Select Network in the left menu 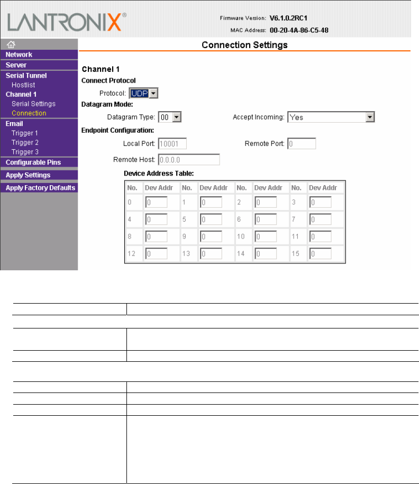tap(19, 54)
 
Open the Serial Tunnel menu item tap(26, 76)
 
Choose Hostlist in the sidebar tap(23, 85)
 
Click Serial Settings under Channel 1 tap(33, 104)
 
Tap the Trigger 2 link tap(25, 142)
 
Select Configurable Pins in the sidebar tap(33, 162)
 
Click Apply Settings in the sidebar tap(28, 175)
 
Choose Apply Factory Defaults tap(40, 188)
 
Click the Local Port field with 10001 tap(172, 143)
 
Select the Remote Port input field tap(302, 143)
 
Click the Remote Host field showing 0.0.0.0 tap(188, 159)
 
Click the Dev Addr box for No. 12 tap(156, 254)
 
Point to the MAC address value tap(299, 30)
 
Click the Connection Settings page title tap(244, 45)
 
